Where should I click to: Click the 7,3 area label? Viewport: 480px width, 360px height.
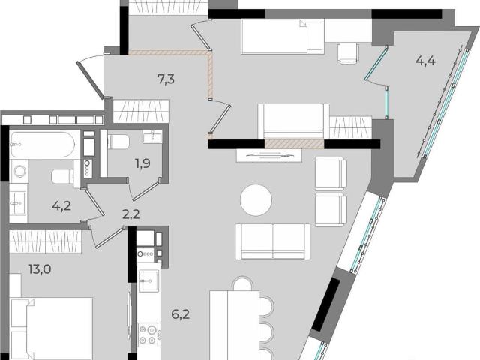pos(166,79)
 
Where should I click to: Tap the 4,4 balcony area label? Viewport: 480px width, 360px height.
pos(425,61)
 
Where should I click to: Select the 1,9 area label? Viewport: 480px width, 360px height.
pos(142,163)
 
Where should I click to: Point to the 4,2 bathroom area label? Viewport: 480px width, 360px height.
pos(61,206)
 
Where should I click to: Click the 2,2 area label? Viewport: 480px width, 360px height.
pos(131,214)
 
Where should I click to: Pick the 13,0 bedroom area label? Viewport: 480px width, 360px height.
pos(40,269)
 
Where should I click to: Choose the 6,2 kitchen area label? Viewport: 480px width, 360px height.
pos(180,314)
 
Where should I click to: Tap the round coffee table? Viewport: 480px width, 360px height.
pos(256,200)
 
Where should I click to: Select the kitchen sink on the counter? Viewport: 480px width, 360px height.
pos(148,281)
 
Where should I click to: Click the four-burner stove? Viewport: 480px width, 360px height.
pos(149,335)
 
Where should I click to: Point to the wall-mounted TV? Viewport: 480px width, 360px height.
pos(270,155)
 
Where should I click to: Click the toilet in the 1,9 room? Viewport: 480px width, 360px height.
pos(118,142)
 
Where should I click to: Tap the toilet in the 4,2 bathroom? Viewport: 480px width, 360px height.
pos(62,177)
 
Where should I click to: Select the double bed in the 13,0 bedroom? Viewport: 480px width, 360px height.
pos(52,328)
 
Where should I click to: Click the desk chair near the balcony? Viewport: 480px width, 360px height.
pos(349,53)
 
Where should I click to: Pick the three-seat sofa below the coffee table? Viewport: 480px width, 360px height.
pos(272,241)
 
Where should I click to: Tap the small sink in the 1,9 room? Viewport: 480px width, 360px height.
pos(152,136)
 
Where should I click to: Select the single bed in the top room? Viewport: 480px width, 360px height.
pos(282,37)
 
